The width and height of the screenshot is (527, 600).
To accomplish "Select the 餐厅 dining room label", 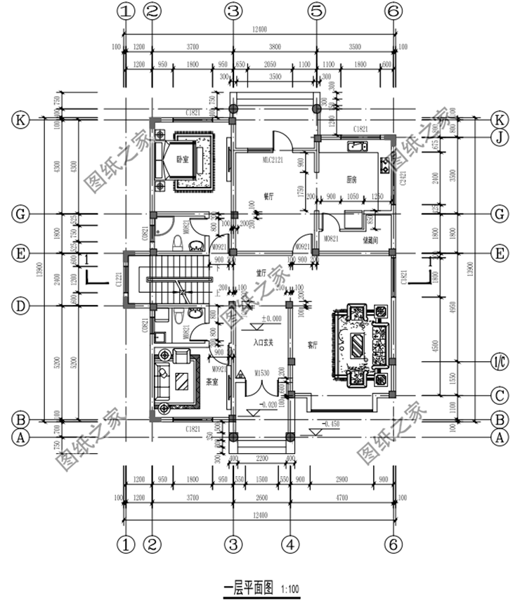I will point(268,197).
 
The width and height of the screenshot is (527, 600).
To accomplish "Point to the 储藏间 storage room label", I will point(372,240).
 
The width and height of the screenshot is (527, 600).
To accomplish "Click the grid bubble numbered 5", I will point(317,11).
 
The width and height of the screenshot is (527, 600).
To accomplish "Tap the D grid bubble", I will point(22,306).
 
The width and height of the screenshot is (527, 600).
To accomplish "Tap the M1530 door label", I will point(263,372).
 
